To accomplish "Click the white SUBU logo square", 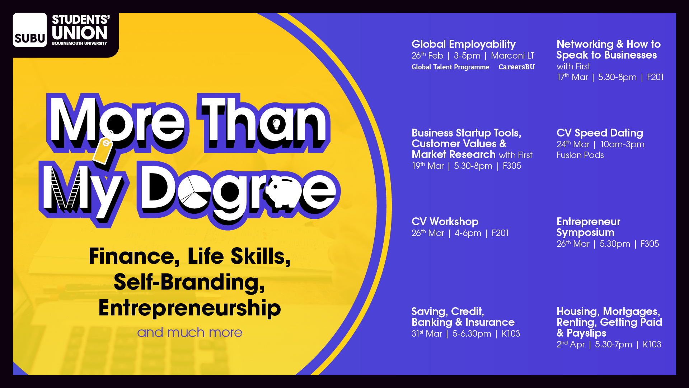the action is click(30, 30).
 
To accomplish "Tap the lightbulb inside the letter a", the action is click(276, 124).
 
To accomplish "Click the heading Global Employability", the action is click(463, 44).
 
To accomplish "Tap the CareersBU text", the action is click(516, 67).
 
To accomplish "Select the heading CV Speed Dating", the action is click(600, 133).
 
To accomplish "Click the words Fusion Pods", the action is click(580, 155).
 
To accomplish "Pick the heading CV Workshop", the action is click(445, 222).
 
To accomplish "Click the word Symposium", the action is click(585, 233).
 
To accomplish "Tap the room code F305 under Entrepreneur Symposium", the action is click(650, 244).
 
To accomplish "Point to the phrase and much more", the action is click(190, 333).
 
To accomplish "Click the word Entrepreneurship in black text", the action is click(190, 308).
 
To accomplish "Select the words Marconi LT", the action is click(512, 56).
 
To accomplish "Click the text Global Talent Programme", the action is click(450, 67).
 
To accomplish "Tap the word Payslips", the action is click(586, 333).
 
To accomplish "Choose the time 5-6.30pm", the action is click(472, 334).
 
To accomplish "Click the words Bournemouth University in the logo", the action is click(79, 43).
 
